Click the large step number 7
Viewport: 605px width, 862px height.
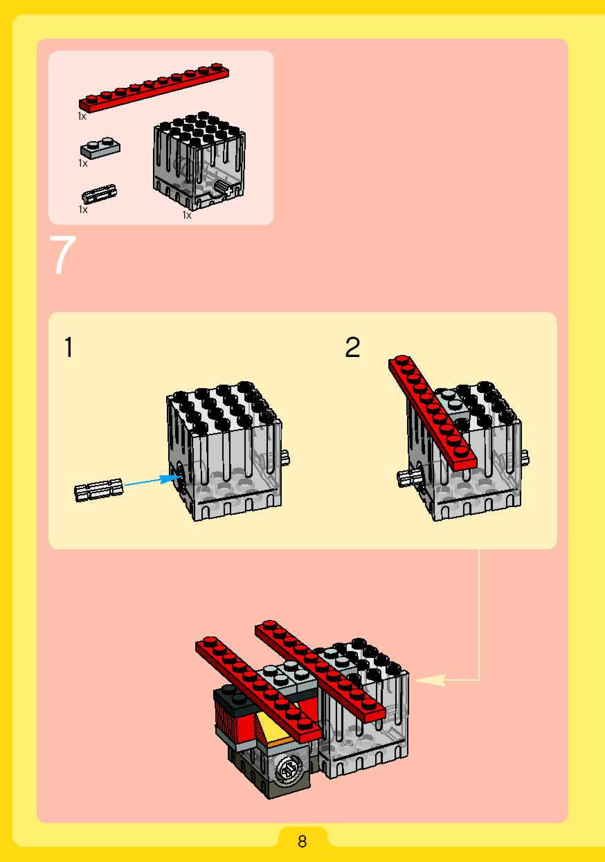tap(63, 255)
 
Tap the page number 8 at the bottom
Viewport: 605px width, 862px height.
tap(302, 841)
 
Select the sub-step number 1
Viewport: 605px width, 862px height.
tap(68, 347)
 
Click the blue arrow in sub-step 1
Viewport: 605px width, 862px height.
tap(152, 481)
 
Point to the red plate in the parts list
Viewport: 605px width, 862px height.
tap(154, 88)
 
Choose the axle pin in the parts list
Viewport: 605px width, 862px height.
tap(99, 194)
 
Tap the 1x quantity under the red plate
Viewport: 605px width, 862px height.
tap(82, 117)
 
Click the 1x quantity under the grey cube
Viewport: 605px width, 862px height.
tap(187, 215)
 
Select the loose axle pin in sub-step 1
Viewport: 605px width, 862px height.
tap(99, 489)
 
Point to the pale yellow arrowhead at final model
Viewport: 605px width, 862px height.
tap(430, 680)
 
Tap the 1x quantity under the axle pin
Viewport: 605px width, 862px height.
tap(83, 210)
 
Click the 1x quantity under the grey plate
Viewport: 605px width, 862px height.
tap(83, 163)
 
